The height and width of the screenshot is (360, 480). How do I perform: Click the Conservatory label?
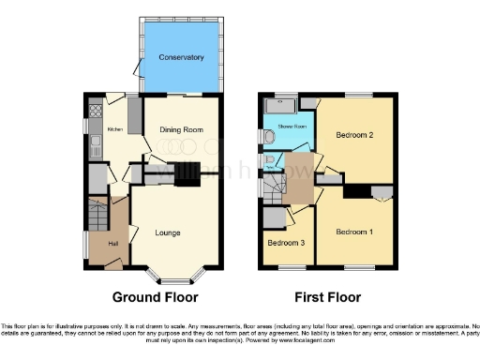181,58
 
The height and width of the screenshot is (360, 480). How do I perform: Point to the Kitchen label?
115,129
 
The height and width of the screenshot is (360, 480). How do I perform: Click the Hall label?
112,245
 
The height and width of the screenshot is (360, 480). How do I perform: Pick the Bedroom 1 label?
354,232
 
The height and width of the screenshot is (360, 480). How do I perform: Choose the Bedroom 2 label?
357,135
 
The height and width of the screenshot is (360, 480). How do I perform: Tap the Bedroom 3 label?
285,243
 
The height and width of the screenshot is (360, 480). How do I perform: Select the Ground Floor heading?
156,298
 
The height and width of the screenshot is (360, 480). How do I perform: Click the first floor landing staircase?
273,189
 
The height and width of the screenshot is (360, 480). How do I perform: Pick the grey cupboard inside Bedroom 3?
275,217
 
